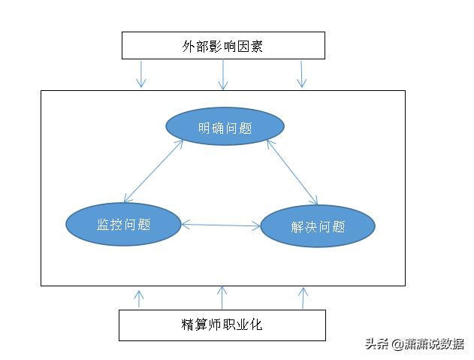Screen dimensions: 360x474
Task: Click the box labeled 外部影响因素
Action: click(223, 45)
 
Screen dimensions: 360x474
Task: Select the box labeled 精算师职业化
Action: click(222, 325)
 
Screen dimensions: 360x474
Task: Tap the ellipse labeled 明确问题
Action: click(225, 127)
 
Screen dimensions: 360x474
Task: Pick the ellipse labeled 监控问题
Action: click(123, 224)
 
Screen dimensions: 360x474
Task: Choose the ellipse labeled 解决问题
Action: click(317, 225)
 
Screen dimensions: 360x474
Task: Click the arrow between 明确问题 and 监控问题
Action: click(154, 171)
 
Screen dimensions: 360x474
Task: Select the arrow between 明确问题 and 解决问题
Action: click(292, 171)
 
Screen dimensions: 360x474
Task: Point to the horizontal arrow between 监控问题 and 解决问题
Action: click(220, 224)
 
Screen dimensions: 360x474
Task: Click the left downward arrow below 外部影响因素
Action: click(140, 74)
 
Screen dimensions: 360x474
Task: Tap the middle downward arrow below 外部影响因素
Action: click(222, 74)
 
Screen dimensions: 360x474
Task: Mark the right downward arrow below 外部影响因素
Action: click(301, 74)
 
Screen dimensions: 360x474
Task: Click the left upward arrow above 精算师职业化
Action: click(138, 298)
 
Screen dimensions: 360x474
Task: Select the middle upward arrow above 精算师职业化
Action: click(222, 298)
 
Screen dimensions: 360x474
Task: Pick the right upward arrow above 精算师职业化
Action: click(303, 298)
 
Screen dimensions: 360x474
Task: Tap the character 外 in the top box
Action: click(189, 47)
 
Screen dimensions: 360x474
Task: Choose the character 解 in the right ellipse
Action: click(297, 226)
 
